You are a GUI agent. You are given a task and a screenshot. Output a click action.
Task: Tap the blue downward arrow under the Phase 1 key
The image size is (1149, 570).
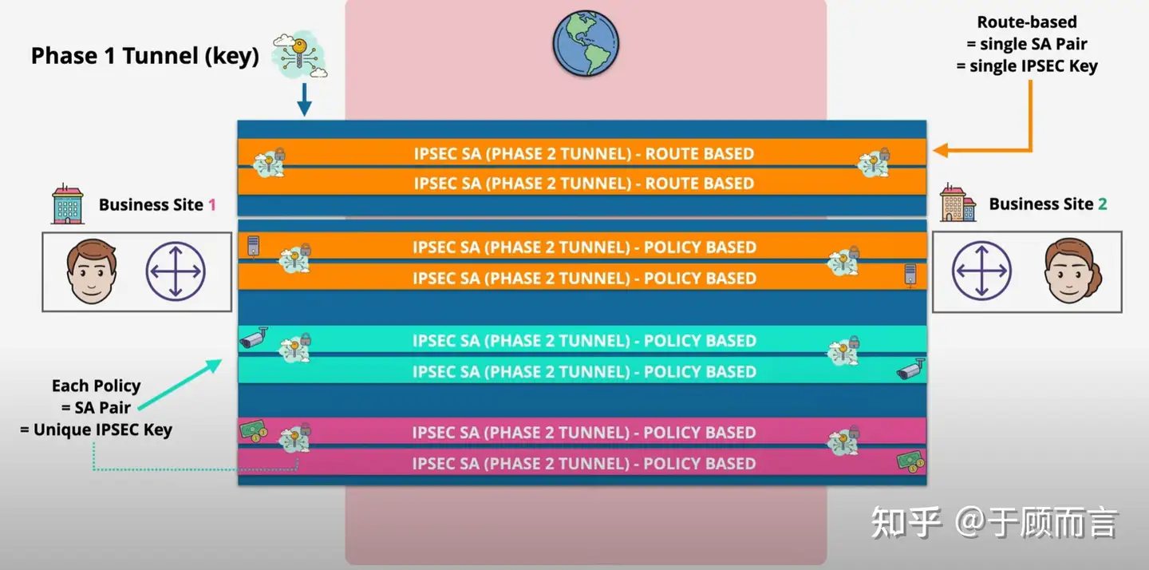point(304,99)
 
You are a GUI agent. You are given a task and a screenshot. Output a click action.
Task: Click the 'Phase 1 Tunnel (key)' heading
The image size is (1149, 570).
point(145,56)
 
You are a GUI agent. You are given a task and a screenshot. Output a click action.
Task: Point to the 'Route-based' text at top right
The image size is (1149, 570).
point(1027,22)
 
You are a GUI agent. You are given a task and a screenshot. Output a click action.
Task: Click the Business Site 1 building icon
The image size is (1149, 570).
point(68,204)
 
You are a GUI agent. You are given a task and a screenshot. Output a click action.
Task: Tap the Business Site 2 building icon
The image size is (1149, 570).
point(958,203)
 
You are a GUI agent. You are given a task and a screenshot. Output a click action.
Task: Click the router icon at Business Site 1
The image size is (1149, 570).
point(176,271)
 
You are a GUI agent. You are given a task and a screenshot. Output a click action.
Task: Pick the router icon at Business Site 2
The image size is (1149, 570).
point(981,271)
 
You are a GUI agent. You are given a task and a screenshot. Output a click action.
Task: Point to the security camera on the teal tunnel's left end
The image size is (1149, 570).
point(254,338)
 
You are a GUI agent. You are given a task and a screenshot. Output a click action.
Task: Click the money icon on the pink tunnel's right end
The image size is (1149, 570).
point(910,460)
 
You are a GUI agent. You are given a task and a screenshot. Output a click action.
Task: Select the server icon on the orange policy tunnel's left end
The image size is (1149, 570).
point(254,246)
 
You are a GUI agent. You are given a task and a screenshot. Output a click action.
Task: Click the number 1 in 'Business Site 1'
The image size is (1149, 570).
point(212,205)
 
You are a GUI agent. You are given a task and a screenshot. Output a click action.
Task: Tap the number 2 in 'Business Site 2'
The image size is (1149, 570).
point(1103,204)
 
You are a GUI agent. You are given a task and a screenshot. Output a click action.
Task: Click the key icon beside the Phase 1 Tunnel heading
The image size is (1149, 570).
point(298,56)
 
